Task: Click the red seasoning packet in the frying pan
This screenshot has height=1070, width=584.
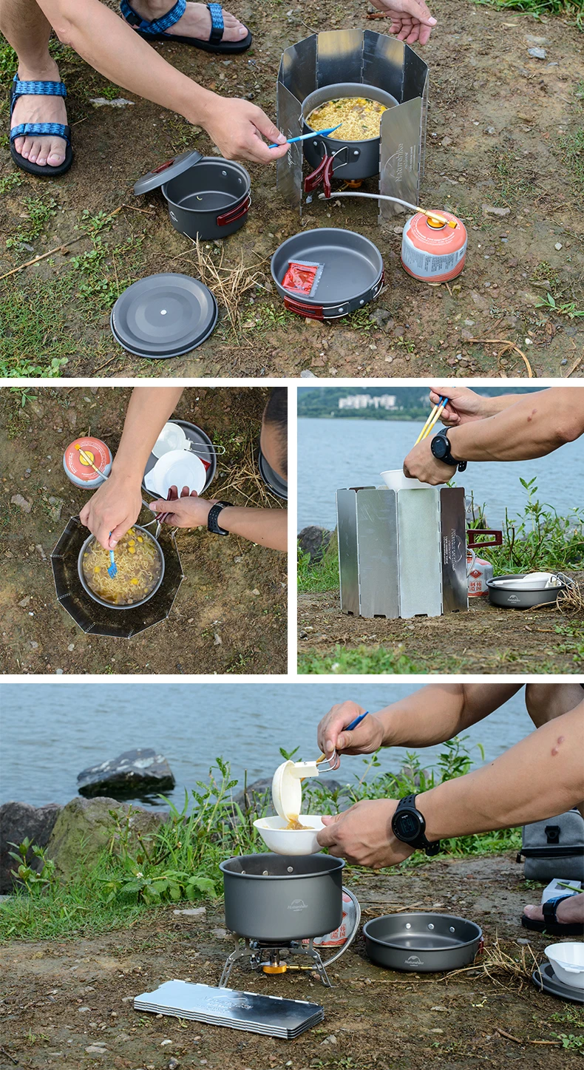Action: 300,278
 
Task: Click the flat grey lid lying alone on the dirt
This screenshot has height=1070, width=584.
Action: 164,315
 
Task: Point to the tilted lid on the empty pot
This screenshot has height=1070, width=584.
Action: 168,172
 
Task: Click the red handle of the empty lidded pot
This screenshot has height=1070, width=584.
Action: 234,212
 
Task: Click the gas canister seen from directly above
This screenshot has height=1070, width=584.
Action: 87,462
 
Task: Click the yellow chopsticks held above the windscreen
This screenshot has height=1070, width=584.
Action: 432,419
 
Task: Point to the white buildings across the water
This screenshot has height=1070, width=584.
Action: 367,402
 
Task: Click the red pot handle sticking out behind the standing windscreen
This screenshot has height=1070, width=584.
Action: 484,538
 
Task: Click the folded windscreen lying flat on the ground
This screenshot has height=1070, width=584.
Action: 228,1008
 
